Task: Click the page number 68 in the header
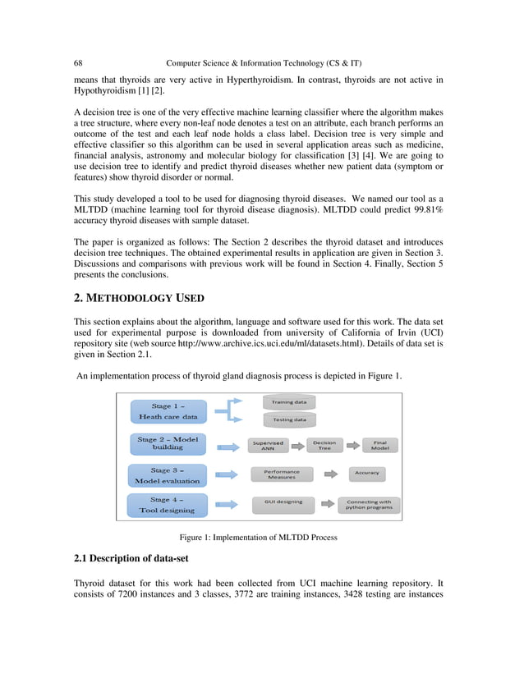[78, 63]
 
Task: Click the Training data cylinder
[289, 402]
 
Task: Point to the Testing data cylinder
[289, 419]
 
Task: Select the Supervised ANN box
[268, 446]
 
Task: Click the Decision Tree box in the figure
[324, 446]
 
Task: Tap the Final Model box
[380, 446]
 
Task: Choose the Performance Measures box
[282, 474]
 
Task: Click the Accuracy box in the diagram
[367, 473]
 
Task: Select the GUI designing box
[283, 502]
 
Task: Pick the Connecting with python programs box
[369, 505]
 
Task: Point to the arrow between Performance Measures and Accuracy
[330, 474]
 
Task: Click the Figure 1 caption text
[259, 538]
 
